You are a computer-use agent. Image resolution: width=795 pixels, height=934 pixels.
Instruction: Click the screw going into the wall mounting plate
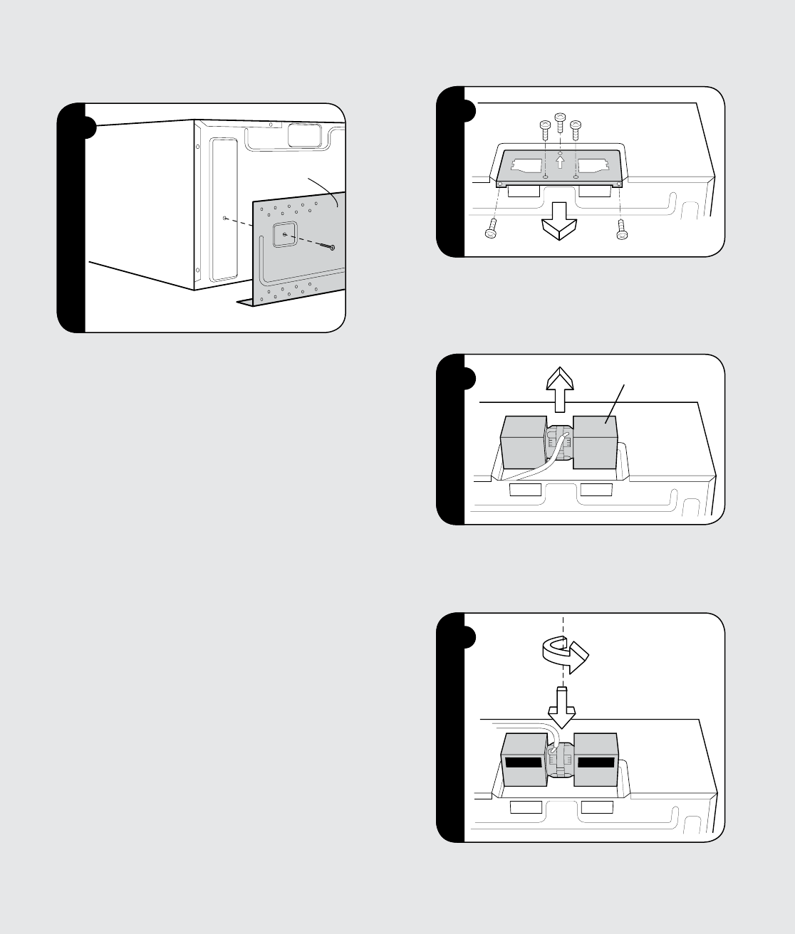[x=329, y=247]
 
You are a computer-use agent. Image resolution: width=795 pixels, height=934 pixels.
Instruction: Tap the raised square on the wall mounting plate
[x=284, y=235]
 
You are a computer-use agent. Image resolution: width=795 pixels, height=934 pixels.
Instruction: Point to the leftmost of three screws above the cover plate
[x=545, y=129]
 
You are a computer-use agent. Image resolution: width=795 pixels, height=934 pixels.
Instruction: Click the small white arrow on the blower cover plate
[x=561, y=163]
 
